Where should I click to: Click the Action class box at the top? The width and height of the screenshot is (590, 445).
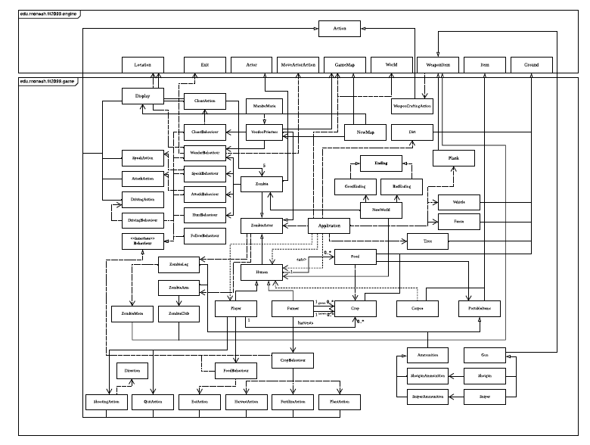pos(334,29)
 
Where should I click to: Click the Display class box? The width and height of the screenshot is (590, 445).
pos(143,97)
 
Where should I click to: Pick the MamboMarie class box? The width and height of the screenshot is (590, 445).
pos(262,107)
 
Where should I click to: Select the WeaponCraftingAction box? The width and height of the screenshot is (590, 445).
pos(412,106)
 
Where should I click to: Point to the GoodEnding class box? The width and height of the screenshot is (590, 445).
pos(351,185)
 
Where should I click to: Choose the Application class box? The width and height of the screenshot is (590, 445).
pos(329,226)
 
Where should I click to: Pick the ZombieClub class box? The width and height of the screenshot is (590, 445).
pos(179,313)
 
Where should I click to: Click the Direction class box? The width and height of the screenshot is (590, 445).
pos(132,370)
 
